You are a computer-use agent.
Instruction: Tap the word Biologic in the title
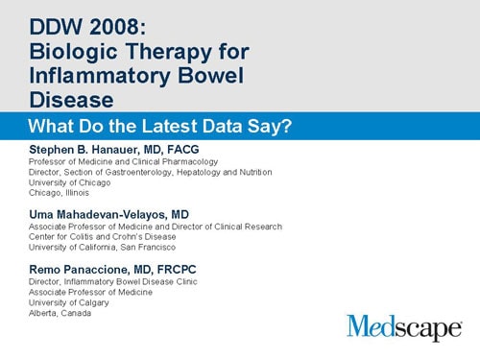(x=71, y=45)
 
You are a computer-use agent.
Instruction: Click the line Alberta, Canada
(x=60, y=313)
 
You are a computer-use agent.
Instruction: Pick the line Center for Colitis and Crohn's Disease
(x=108, y=237)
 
